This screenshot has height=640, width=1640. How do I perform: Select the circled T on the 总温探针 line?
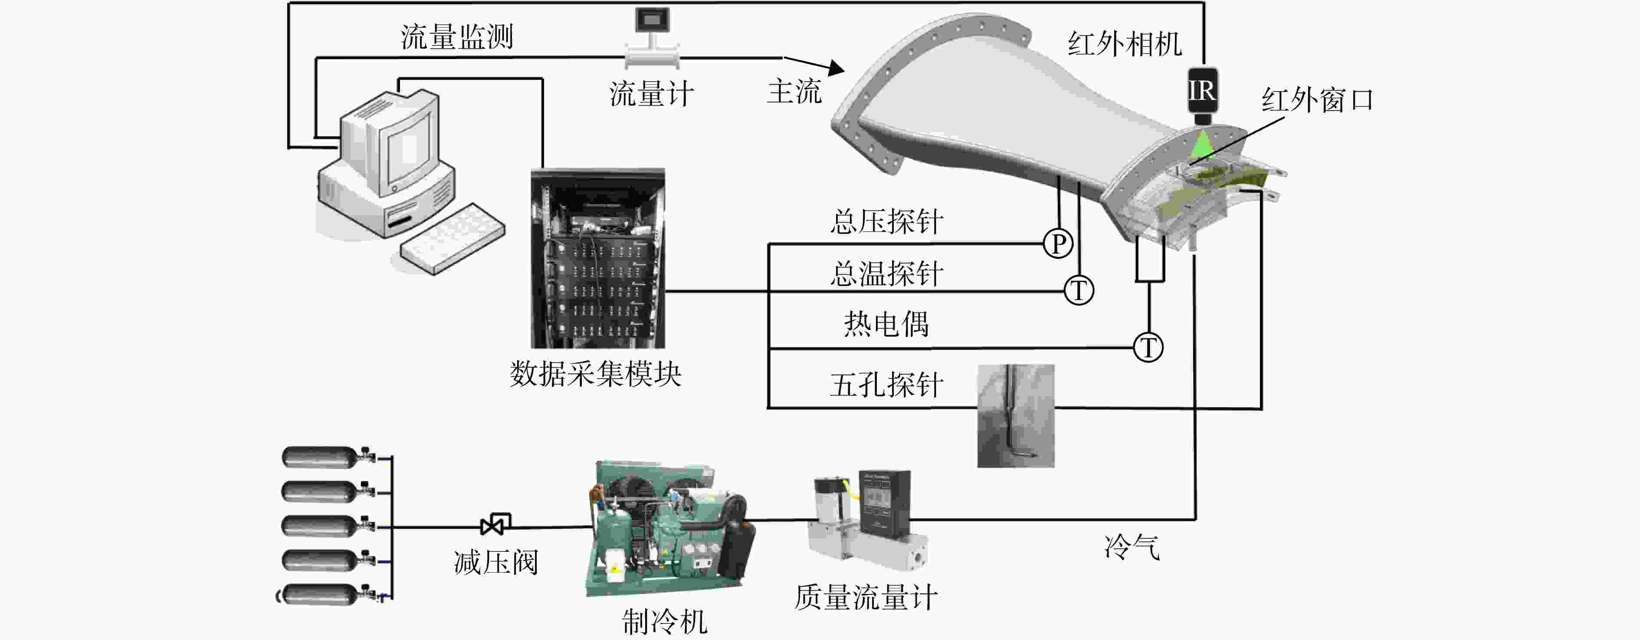point(1079,290)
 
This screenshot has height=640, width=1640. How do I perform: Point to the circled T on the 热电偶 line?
point(1148,347)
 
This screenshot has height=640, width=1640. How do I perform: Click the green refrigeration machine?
point(669,528)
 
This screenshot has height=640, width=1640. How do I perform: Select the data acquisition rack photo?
point(598,258)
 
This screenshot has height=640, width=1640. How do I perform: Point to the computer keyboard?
point(452,239)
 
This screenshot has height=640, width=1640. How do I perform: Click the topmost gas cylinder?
point(328,457)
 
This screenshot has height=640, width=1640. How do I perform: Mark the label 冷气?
point(1132,547)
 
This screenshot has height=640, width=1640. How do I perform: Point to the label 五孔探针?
point(887,385)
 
